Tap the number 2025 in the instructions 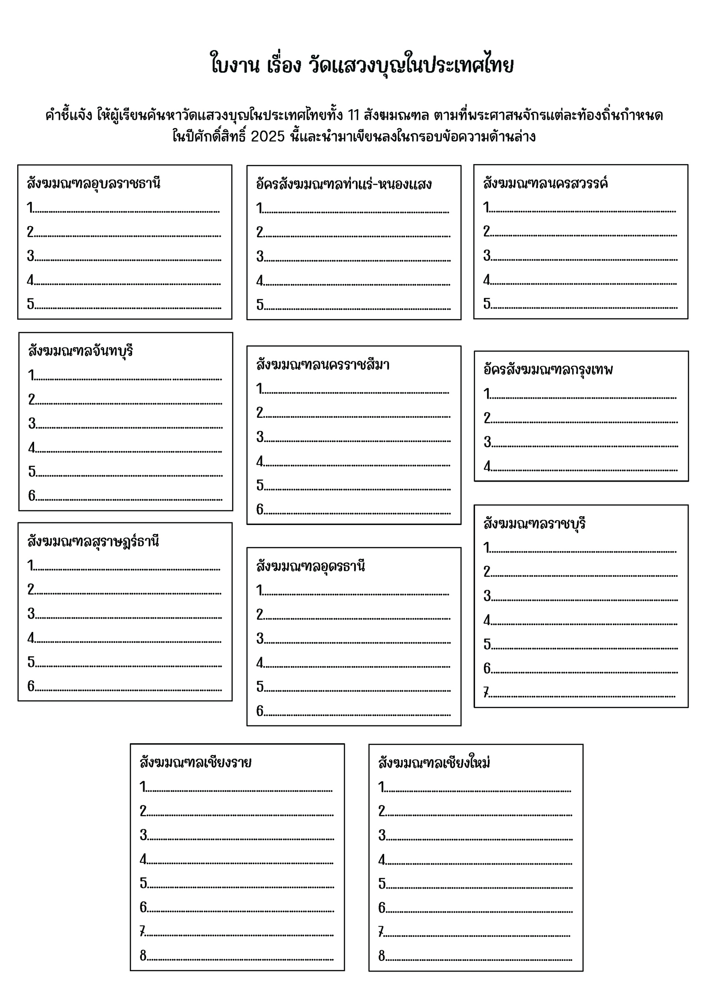point(267,136)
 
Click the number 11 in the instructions point(353,115)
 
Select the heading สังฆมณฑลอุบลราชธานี point(93,183)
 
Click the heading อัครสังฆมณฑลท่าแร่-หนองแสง point(343,184)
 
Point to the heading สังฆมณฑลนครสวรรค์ point(545,183)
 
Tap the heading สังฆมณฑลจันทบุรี point(81,351)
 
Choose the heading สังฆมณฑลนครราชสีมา point(323,364)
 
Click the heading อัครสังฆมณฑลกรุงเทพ point(548,369)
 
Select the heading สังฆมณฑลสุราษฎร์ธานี point(93,541)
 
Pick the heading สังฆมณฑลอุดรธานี point(310,566)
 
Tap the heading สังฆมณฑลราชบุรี point(534,524)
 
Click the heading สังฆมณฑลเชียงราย point(195,762)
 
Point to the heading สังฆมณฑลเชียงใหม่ point(434,763)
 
